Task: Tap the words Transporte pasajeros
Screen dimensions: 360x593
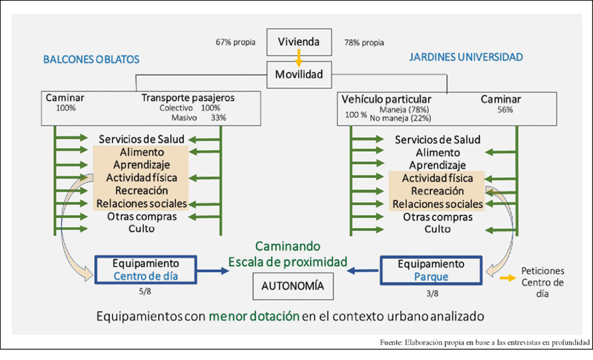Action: [188, 98]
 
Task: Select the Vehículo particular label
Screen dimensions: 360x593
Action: [386, 99]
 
